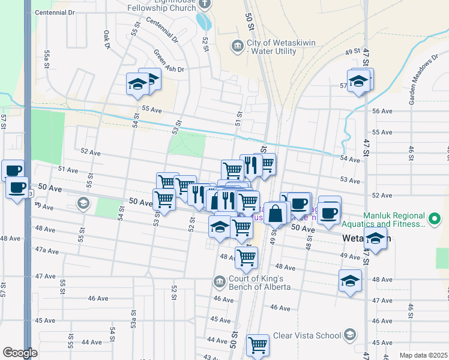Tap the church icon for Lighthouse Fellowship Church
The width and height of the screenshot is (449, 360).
[205, 4]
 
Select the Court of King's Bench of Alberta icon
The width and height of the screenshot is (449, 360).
[219, 281]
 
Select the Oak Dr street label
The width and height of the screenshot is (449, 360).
[107, 40]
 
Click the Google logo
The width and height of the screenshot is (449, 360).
[20, 353]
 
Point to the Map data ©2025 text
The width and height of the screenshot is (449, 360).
[423, 355]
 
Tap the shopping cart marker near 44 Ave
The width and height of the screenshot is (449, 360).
[258, 345]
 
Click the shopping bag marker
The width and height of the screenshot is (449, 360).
[275, 212]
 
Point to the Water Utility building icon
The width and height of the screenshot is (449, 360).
[238, 46]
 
